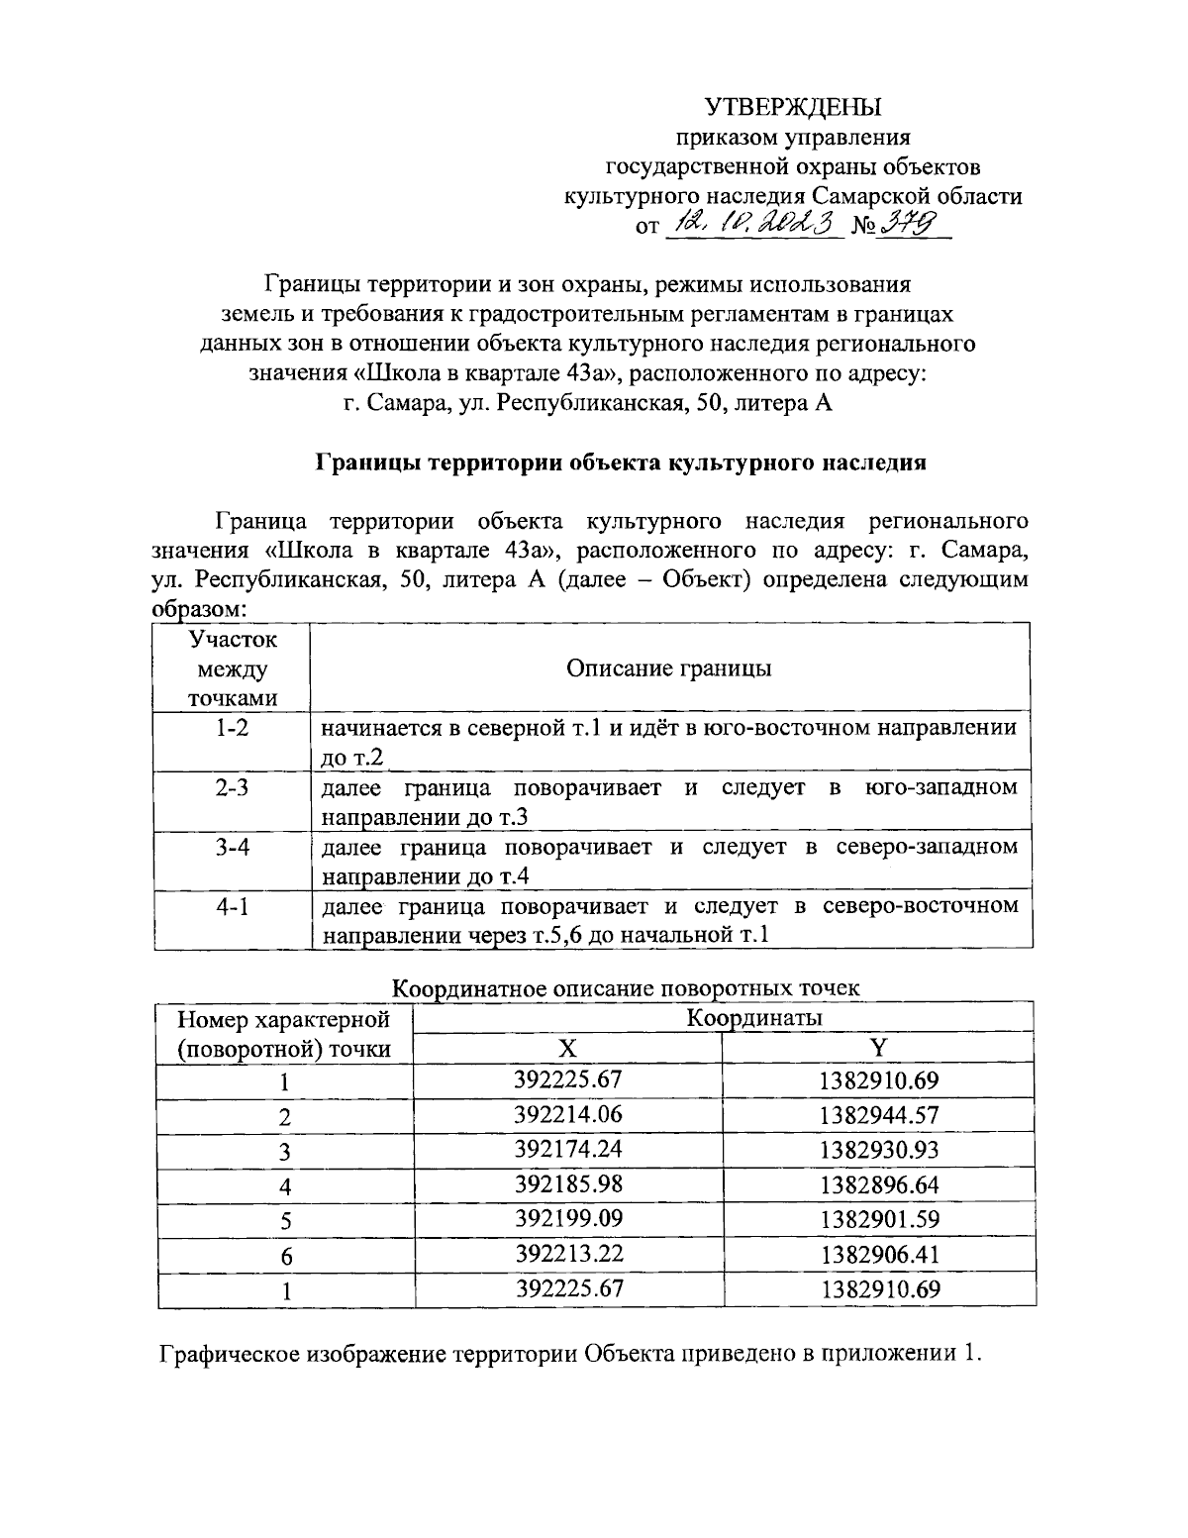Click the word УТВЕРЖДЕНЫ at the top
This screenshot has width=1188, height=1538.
point(792,107)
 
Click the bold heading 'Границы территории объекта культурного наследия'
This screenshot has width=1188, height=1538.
point(620,462)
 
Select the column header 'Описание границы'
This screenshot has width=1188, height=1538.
point(668,668)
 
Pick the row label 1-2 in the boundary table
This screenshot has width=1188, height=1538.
point(233,728)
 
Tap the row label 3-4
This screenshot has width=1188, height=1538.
point(233,848)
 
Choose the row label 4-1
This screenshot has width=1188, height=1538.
point(233,906)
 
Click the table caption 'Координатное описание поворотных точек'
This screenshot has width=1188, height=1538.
point(626,987)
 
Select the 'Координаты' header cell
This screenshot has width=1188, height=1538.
point(755,1017)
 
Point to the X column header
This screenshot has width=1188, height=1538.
point(566,1049)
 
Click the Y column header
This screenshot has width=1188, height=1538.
point(878,1049)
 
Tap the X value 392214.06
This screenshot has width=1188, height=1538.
point(568,1115)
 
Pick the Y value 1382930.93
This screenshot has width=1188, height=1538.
point(879,1150)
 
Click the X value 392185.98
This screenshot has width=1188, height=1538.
point(568,1184)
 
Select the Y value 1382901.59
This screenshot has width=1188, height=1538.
point(879,1219)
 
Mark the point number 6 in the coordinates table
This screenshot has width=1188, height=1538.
point(286,1256)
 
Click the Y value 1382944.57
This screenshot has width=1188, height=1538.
point(879,1115)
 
